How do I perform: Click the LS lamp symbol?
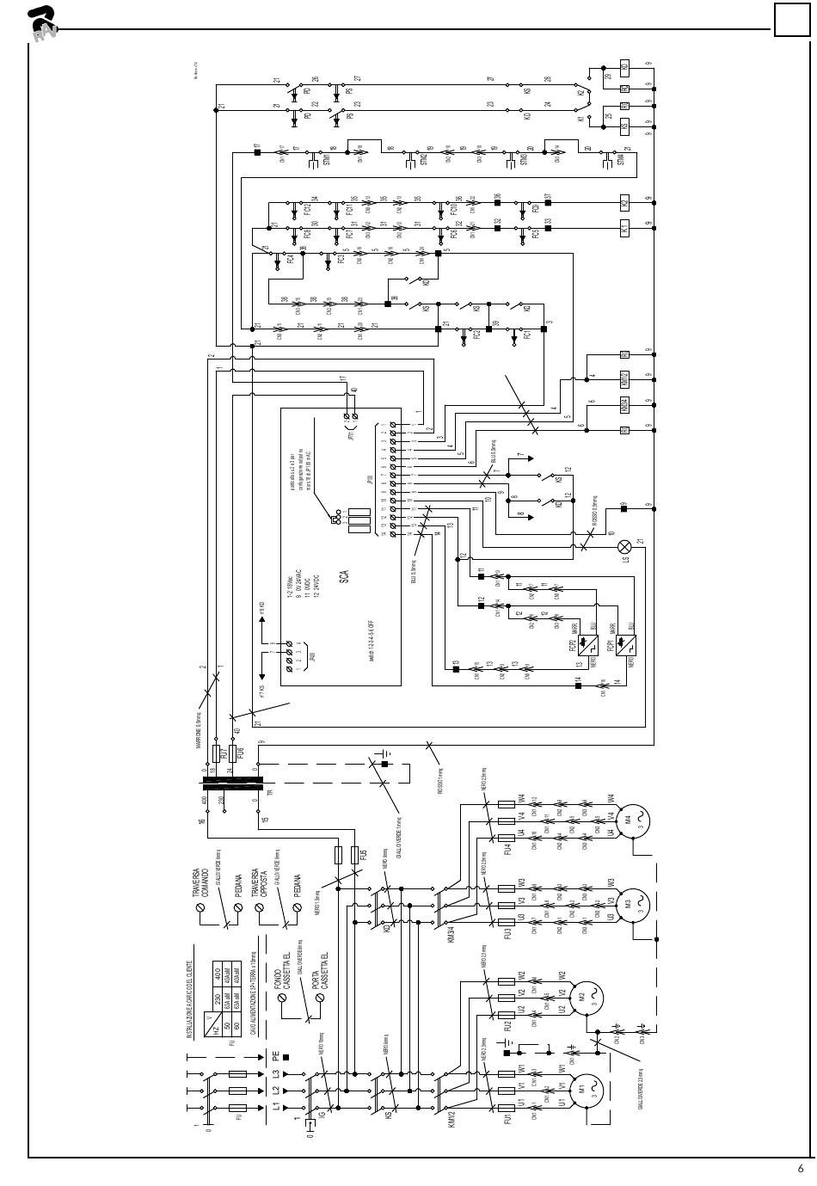tap(625, 547)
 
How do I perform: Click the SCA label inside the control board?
tap(342, 575)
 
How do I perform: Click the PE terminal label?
tap(275, 1056)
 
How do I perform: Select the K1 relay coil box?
tap(625, 229)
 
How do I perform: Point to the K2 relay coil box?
tap(625, 203)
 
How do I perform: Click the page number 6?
tap(801, 1168)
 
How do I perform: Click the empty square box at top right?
tap(791, 19)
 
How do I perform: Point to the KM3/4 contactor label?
tap(451, 937)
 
